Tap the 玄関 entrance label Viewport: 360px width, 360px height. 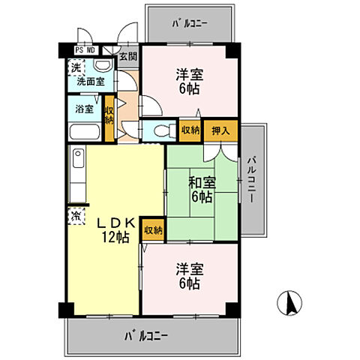point(127,55)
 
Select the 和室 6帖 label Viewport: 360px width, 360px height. point(200,189)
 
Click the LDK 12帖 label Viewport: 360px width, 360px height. point(113,229)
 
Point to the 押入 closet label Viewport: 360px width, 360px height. point(220,130)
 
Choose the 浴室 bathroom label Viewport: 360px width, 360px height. point(84,109)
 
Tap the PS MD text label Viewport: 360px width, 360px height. point(85,50)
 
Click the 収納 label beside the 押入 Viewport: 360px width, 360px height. point(190,130)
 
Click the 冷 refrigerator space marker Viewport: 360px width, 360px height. point(77,216)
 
